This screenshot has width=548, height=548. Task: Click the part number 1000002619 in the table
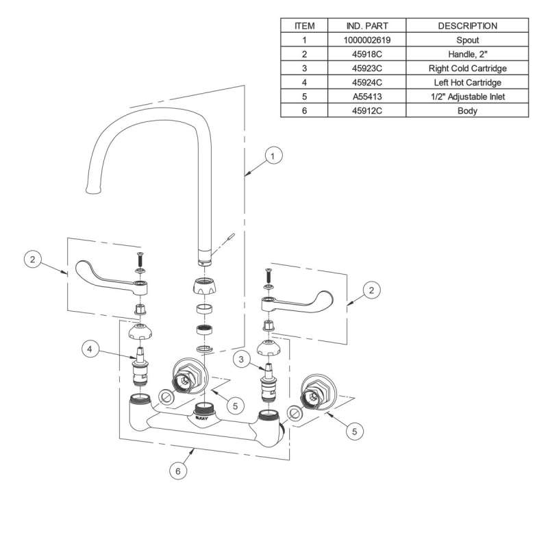(x=366, y=40)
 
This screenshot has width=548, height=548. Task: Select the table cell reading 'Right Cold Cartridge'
(x=467, y=68)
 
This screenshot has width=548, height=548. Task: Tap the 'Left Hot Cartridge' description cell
(x=467, y=82)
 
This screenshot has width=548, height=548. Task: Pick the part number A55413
(x=366, y=97)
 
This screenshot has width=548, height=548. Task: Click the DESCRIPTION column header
(x=467, y=26)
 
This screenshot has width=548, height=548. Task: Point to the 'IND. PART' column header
(x=366, y=26)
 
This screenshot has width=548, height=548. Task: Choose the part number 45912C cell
(x=366, y=111)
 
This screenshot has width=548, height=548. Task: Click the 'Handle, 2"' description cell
(x=467, y=54)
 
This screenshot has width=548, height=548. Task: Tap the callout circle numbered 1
(x=273, y=156)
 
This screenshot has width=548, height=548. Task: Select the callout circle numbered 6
(x=178, y=471)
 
